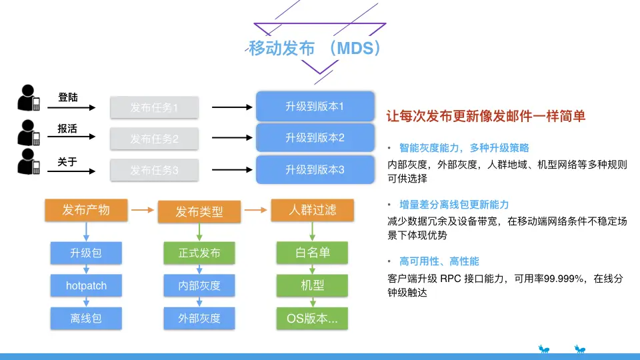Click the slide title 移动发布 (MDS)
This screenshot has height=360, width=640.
point(315,48)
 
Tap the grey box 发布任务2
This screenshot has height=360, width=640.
point(154,139)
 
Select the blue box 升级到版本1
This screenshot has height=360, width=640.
point(315,107)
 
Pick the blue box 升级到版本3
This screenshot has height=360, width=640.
point(315,170)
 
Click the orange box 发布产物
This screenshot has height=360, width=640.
point(86,210)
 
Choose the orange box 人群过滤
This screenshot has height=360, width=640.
point(312,210)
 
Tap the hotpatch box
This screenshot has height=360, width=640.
point(86,285)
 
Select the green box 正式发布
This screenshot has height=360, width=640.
point(199,253)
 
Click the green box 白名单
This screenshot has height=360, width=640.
point(312,253)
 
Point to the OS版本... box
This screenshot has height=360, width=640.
point(312,319)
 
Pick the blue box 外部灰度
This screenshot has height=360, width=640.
point(199,319)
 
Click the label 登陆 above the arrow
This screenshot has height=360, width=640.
point(68,97)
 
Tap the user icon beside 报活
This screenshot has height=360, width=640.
point(29,133)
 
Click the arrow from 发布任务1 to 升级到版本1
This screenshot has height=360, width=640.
point(232,107)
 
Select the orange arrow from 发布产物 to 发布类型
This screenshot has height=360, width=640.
point(143,210)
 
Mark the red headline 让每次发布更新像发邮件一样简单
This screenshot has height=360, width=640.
point(486,116)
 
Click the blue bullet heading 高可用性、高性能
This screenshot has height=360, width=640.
point(439,261)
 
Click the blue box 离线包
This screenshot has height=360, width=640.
point(86,319)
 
